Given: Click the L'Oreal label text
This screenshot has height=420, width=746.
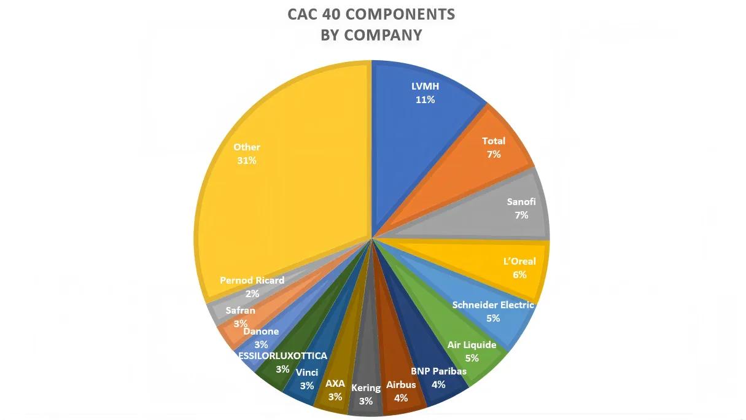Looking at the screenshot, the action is click(519, 261).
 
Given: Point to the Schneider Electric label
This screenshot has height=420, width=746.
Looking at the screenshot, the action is click(493, 305).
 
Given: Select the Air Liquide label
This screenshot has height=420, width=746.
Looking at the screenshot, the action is click(472, 344).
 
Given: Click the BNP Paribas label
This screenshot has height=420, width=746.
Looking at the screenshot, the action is click(438, 371).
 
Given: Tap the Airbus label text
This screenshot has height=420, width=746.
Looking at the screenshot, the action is click(401, 385).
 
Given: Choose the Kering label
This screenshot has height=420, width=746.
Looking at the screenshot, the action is click(366, 388).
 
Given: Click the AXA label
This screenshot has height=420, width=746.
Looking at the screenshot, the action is click(335, 384).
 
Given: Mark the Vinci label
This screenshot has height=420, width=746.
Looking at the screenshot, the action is click(307, 372).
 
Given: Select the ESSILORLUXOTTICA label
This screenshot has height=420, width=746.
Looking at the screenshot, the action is click(283, 356).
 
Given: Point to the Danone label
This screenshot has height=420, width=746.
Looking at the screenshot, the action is click(261, 332).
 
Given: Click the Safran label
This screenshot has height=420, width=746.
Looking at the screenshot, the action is click(240, 311).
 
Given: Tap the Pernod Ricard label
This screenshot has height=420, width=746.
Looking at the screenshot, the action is click(252, 280).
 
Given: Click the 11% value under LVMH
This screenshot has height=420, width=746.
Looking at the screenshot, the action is click(425, 99).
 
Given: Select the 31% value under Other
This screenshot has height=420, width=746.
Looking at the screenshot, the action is click(247, 160).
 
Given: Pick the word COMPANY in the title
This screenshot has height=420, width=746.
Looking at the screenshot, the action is click(383, 35).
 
